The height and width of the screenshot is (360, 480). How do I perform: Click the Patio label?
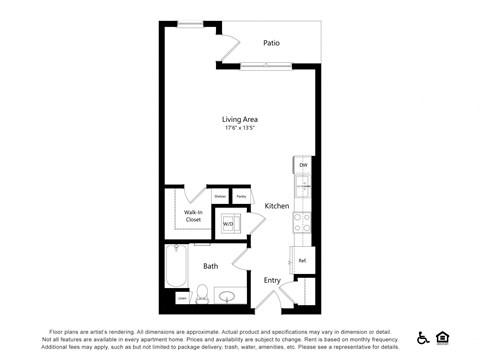[271, 43]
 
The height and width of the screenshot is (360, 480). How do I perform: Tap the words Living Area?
[240, 119]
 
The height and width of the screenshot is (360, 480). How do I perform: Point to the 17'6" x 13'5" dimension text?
[240, 128]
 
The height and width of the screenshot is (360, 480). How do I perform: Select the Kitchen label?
[276, 205]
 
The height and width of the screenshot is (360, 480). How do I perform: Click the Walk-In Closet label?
[192, 216]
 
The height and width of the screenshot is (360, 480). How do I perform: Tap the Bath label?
[211, 266]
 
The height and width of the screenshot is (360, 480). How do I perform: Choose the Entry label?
[272, 280]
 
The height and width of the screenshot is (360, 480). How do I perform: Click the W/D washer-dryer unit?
[228, 223]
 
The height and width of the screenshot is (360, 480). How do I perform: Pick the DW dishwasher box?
[303, 165]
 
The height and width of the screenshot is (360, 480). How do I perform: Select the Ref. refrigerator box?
[302, 261]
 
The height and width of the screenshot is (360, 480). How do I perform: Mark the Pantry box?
[241, 196]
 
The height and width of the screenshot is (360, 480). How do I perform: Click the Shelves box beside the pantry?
[220, 196]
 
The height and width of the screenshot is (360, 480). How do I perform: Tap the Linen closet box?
[182, 298]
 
